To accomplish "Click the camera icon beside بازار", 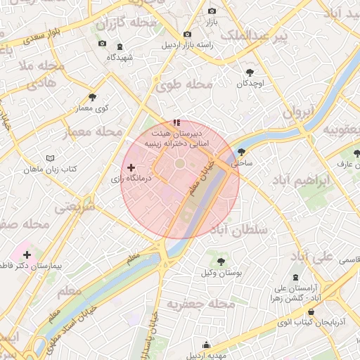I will pos(212,11).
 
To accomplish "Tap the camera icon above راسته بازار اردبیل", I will pos(186,34).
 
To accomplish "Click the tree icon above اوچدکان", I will pos(249,72).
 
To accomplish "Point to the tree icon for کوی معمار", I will pos(92,97).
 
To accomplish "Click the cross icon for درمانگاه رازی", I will pos(131,167).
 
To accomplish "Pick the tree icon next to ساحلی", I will pos(242,151).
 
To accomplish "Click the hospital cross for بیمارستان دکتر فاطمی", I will pos(27,255).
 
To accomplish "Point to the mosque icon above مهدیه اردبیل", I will pos(206,345).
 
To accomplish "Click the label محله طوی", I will pos(185,86).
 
